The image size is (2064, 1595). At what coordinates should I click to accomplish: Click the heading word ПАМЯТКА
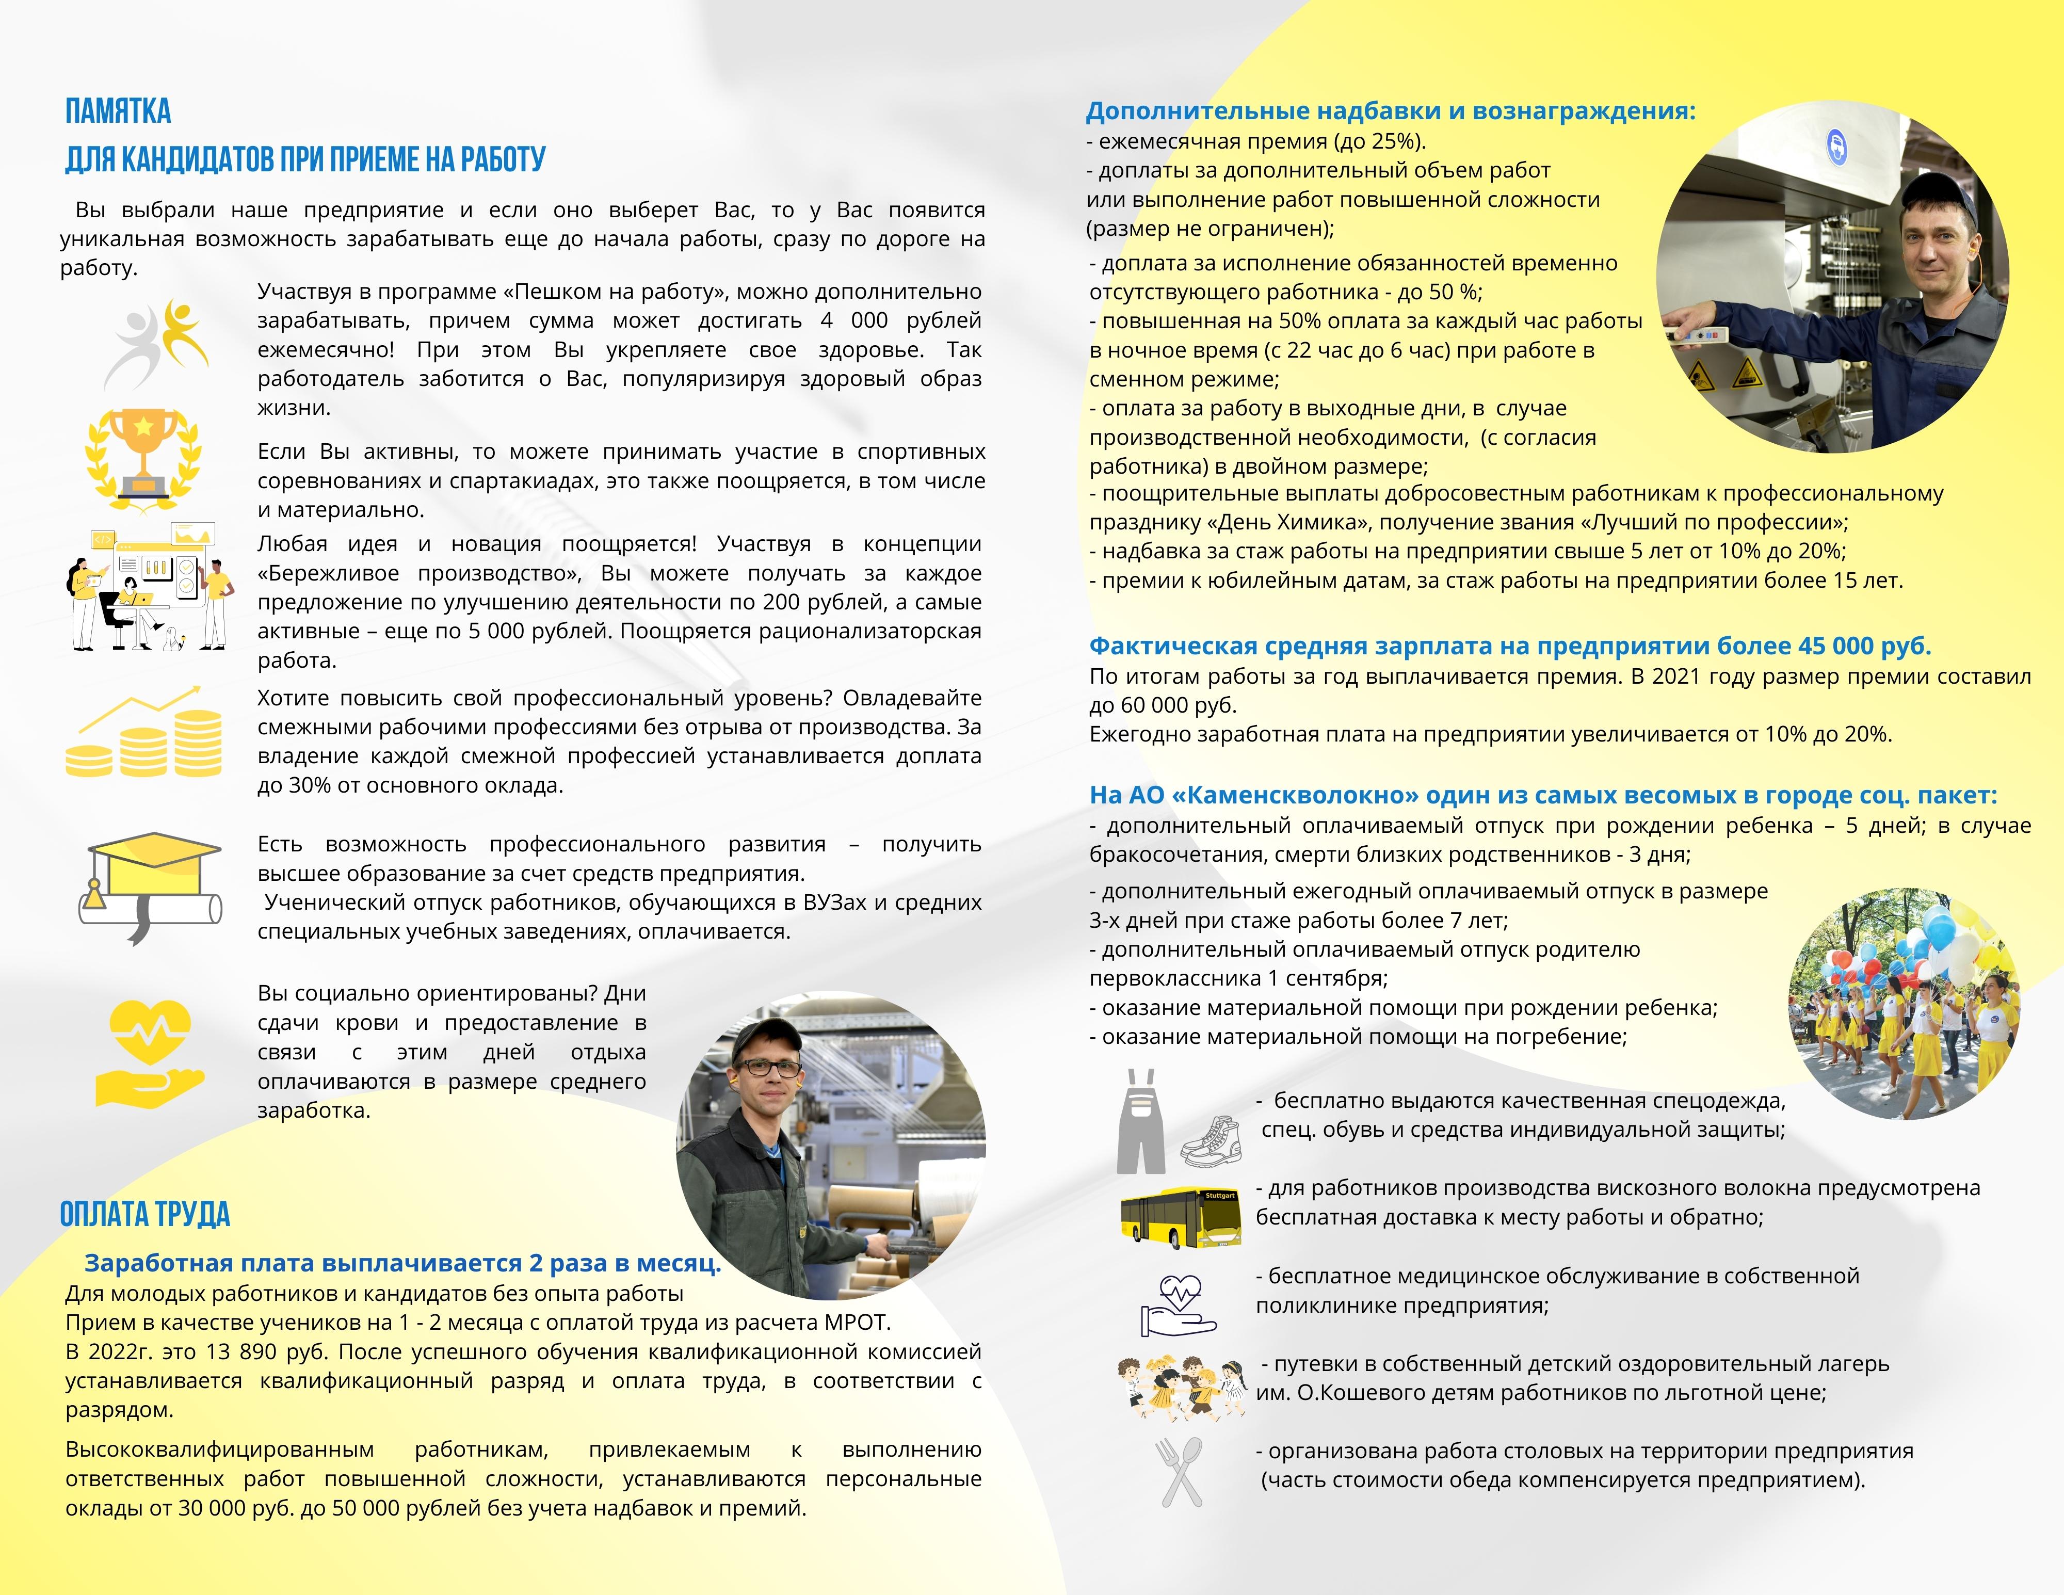tap(118, 111)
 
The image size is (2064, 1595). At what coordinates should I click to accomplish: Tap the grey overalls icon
tap(1141, 1122)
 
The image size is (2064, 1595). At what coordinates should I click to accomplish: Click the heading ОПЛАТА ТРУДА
tap(144, 1214)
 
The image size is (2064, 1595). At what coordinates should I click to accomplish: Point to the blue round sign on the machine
tap(1836, 148)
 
